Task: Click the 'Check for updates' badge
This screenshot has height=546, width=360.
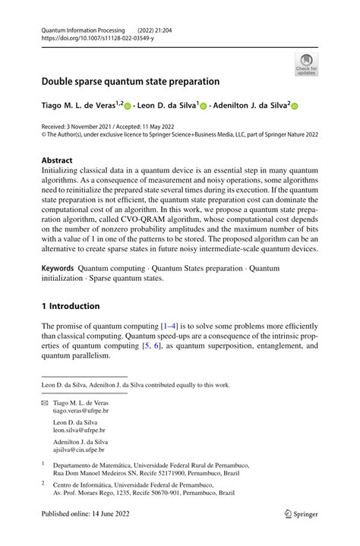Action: (x=306, y=65)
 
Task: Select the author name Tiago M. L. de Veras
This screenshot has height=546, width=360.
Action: (x=77, y=107)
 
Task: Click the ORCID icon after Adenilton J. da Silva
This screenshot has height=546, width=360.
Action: (x=295, y=108)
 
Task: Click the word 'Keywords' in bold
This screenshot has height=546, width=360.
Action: (x=58, y=268)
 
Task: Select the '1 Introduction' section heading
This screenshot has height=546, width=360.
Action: (x=70, y=306)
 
